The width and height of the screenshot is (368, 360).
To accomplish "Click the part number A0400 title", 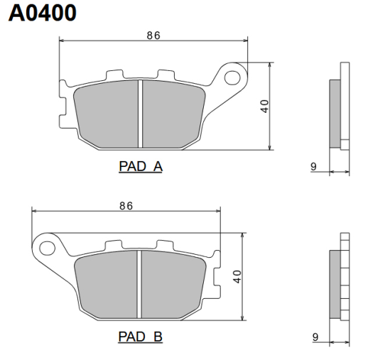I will (x=43, y=13).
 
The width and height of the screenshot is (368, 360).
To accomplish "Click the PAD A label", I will (x=141, y=167).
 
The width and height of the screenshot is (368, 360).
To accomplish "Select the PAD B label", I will (x=141, y=335).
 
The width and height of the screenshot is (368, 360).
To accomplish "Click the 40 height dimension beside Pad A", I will (x=264, y=107).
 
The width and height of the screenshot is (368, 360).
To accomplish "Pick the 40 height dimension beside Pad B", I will (x=237, y=276).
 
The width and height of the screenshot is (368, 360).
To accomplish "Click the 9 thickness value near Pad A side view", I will (x=313, y=167).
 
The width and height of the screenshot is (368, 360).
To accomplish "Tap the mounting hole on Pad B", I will (x=48, y=248).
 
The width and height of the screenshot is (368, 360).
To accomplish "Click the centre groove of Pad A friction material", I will (x=141, y=114).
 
